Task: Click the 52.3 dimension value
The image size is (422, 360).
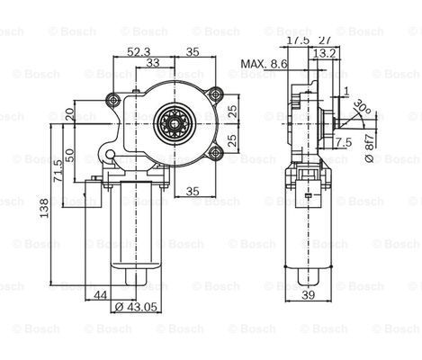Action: point(139,52)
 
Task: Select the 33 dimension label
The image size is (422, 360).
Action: point(154,63)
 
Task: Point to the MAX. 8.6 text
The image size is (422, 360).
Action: point(264,65)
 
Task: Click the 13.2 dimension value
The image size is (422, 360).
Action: point(326,52)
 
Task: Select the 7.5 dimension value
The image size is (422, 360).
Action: point(343,142)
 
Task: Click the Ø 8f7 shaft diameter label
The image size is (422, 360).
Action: point(368,148)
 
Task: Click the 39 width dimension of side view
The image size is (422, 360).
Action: point(310,294)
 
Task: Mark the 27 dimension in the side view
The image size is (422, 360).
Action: point(325,40)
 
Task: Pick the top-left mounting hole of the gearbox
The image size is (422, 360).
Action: point(112,99)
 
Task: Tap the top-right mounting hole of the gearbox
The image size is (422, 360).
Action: point(215,93)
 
